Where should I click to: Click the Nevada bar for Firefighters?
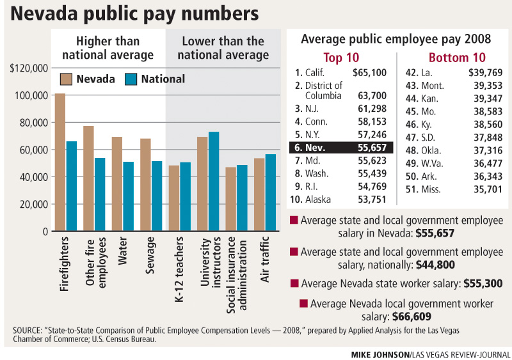click(x=60, y=162)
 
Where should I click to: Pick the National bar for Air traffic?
click(x=270, y=192)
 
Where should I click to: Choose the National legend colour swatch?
click(x=131, y=79)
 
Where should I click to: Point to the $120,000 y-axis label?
click(x=29, y=68)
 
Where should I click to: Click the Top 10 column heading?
click(x=341, y=57)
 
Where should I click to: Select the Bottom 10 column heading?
click(x=457, y=57)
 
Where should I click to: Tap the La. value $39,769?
click(x=485, y=73)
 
